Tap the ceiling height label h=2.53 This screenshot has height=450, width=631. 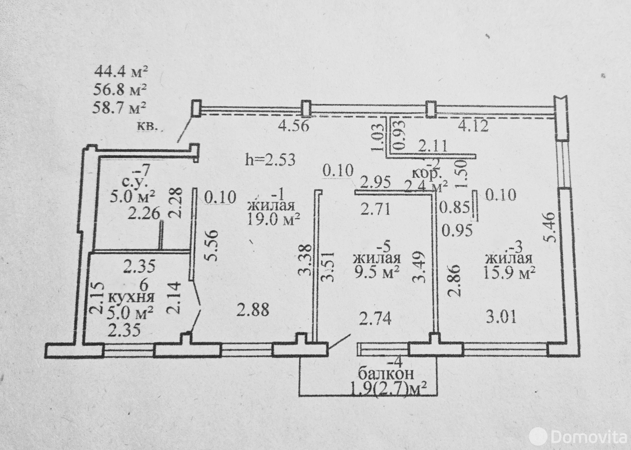(x=270, y=160)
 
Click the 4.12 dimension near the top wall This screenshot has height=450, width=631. (x=473, y=126)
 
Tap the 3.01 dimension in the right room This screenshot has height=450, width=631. (x=500, y=317)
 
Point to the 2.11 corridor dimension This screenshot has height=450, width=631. (x=432, y=147)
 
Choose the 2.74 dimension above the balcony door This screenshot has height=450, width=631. (x=375, y=319)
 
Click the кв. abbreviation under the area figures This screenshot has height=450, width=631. (x=147, y=127)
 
